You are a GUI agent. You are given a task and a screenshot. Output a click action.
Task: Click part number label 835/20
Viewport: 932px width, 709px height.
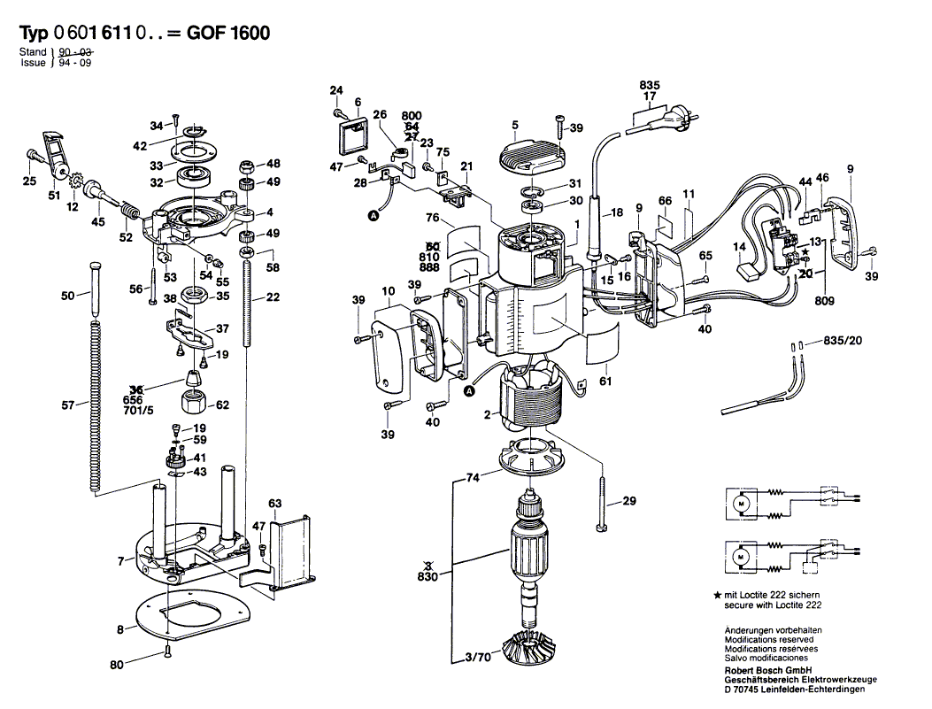click(x=843, y=340)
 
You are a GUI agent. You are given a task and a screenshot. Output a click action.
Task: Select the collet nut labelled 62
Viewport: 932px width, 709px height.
click(x=193, y=403)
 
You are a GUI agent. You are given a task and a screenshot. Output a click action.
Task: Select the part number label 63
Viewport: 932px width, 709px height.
click(x=275, y=504)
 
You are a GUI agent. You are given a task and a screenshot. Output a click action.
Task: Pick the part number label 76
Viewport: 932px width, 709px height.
click(x=433, y=218)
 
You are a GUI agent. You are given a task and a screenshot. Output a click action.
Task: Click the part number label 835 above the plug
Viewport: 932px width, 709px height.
click(x=650, y=85)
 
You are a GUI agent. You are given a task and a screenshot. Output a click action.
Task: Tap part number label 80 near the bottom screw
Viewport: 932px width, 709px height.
click(x=117, y=663)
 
